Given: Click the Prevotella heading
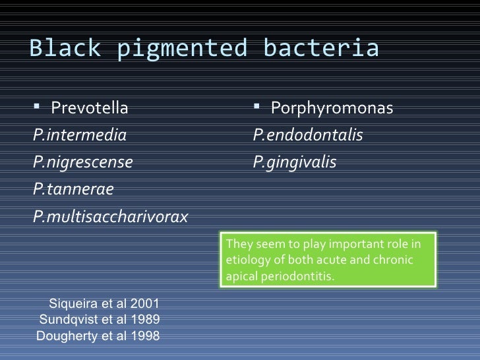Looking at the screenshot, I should [90, 107].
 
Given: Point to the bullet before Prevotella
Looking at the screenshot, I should [37, 106].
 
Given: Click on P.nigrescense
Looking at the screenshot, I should [82, 163].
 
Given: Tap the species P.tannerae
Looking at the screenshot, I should [73, 190].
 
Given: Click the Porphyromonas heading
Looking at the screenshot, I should [332, 107].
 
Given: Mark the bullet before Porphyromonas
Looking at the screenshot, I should [258, 106].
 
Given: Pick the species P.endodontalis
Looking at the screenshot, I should [308, 136].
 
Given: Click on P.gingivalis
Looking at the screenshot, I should [295, 163].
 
